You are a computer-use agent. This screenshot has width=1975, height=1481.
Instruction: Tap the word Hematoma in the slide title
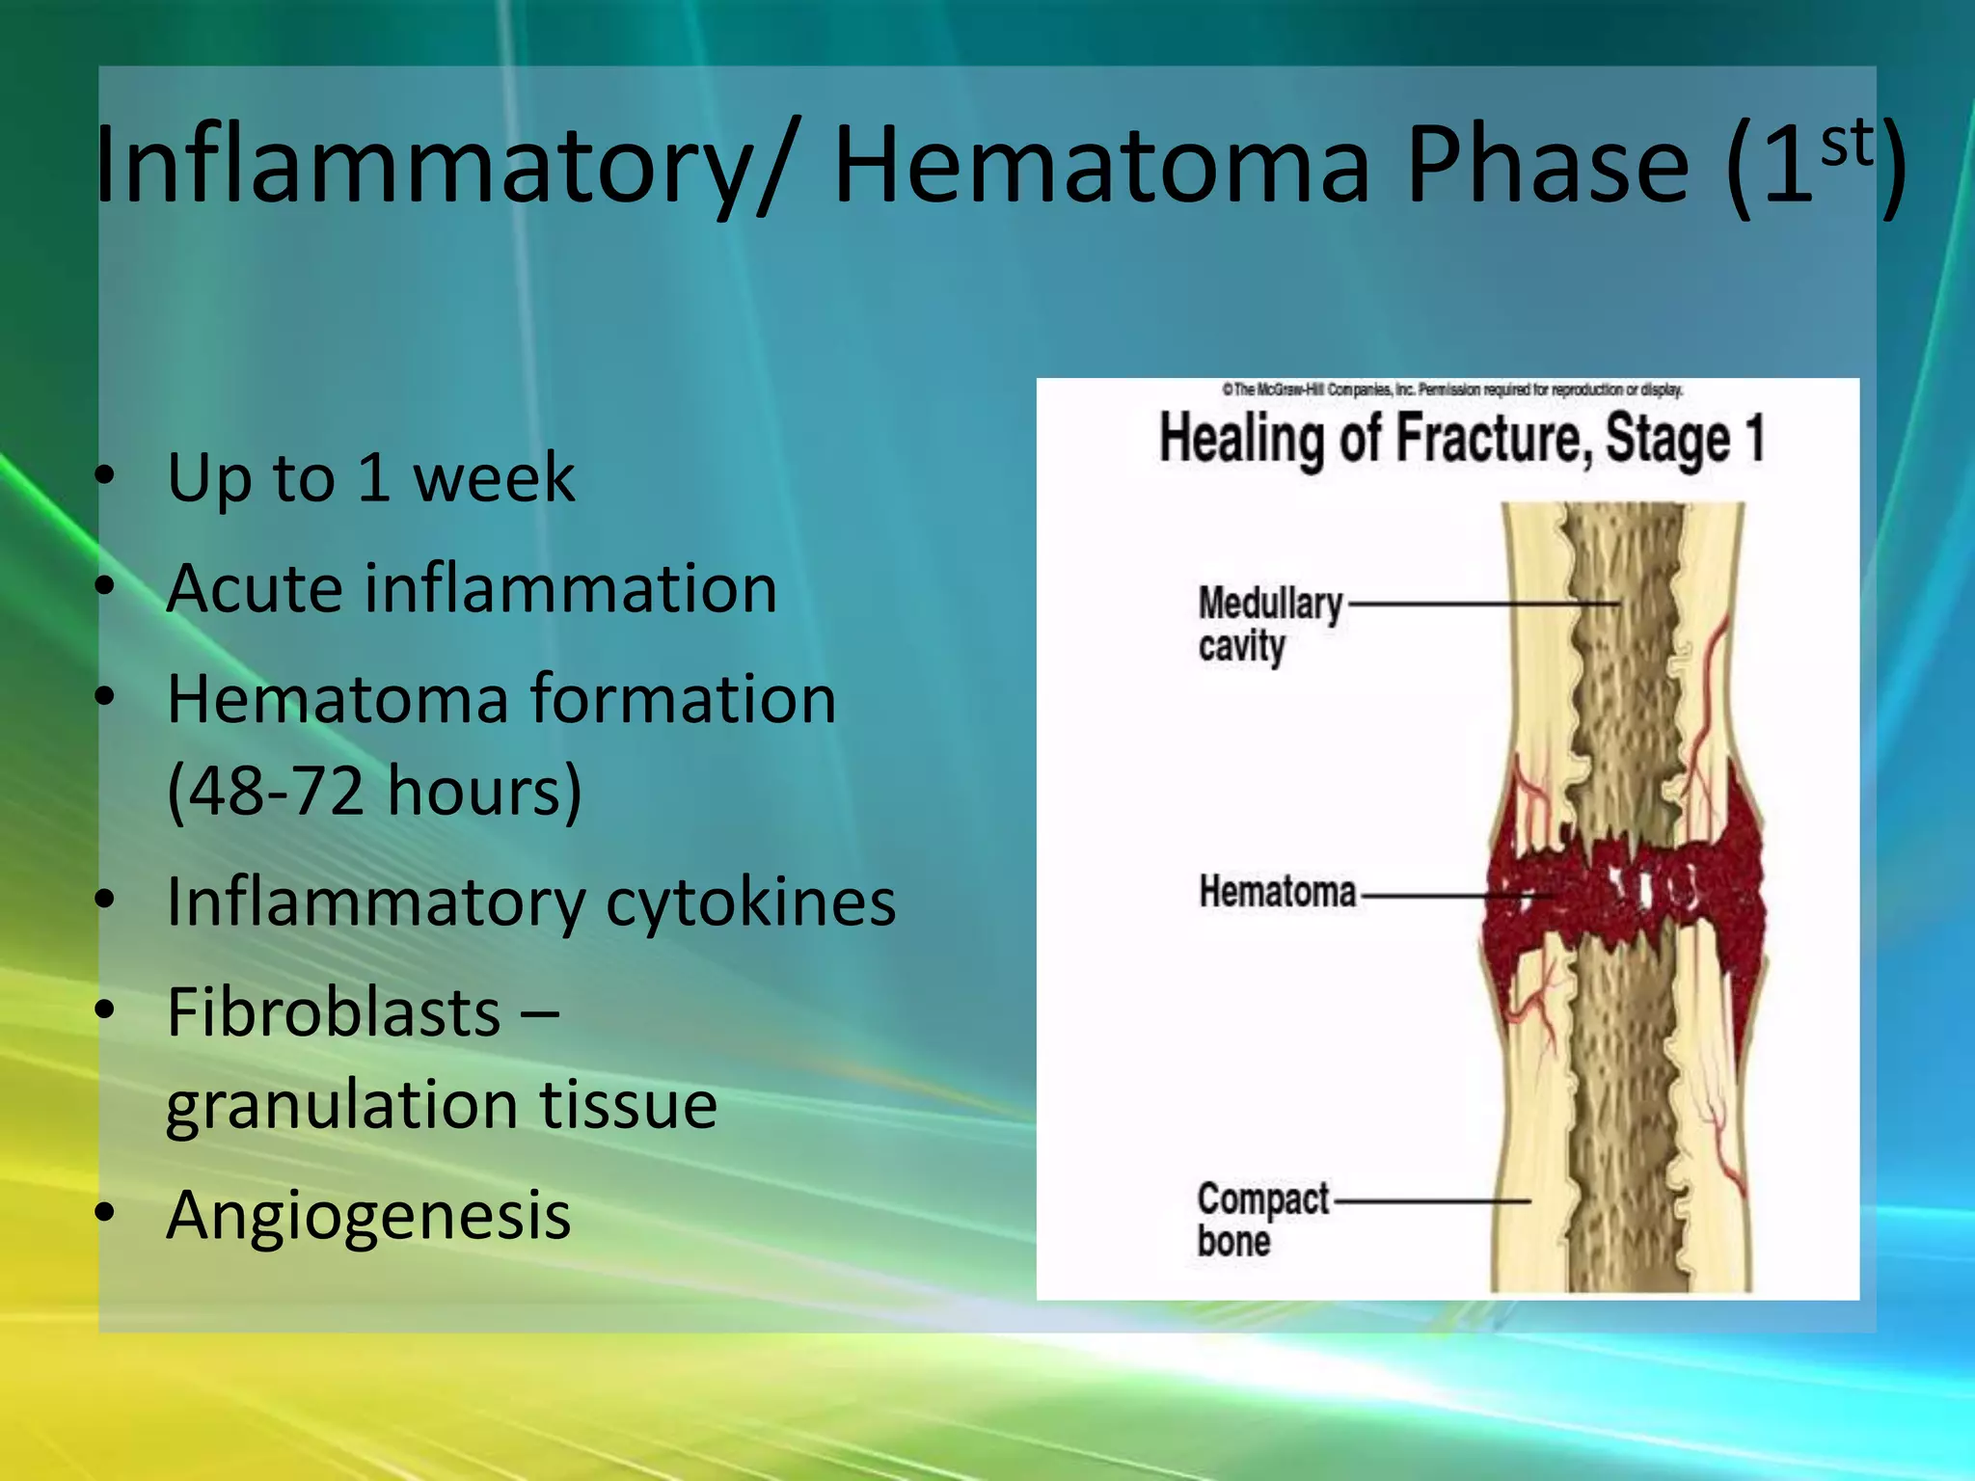pyautogui.click(x=1100, y=166)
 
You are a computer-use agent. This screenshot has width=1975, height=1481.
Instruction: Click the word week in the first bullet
pyautogui.click(x=493, y=478)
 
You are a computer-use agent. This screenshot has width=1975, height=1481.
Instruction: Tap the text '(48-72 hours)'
pyautogui.click(x=374, y=791)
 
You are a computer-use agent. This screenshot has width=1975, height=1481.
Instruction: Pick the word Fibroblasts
pyautogui.click(x=334, y=1013)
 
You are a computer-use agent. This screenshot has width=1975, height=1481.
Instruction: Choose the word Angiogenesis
pyautogui.click(x=368, y=1215)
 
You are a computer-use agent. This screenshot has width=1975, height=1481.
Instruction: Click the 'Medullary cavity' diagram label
pyautogui.click(x=1267, y=625)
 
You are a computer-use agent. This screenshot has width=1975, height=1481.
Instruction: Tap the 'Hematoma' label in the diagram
pyautogui.click(x=1277, y=892)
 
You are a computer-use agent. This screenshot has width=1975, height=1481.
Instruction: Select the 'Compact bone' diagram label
pyautogui.click(x=1261, y=1219)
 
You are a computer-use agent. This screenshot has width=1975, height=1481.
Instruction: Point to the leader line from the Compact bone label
pyautogui.click(x=1432, y=1201)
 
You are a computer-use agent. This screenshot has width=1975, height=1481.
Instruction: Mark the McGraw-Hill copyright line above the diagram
pyautogui.click(x=1451, y=390)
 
